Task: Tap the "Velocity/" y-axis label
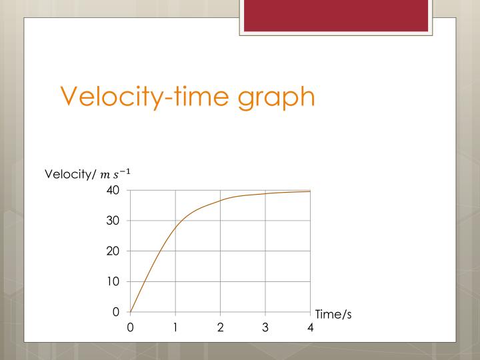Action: tap(70, 175)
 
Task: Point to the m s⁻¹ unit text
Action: tap(115, 174)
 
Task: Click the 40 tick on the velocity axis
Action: tap(113, 190)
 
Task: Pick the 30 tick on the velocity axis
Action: tap(113, 221)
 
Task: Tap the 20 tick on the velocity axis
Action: tap(113, 251)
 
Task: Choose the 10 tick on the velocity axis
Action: tap(113, 281)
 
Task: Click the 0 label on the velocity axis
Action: tap(116, 311)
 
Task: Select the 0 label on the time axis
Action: tap(131, 327)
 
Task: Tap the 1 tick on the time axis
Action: tap(175, 327)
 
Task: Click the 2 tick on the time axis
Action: tap(220, 327)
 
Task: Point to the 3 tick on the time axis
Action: tap(265, 327)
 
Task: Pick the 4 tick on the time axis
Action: tap(310, 327)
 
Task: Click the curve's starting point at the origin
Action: tap(131, 311)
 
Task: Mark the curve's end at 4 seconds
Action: tap(310, 191)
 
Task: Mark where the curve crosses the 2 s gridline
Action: tap(220, 201)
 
